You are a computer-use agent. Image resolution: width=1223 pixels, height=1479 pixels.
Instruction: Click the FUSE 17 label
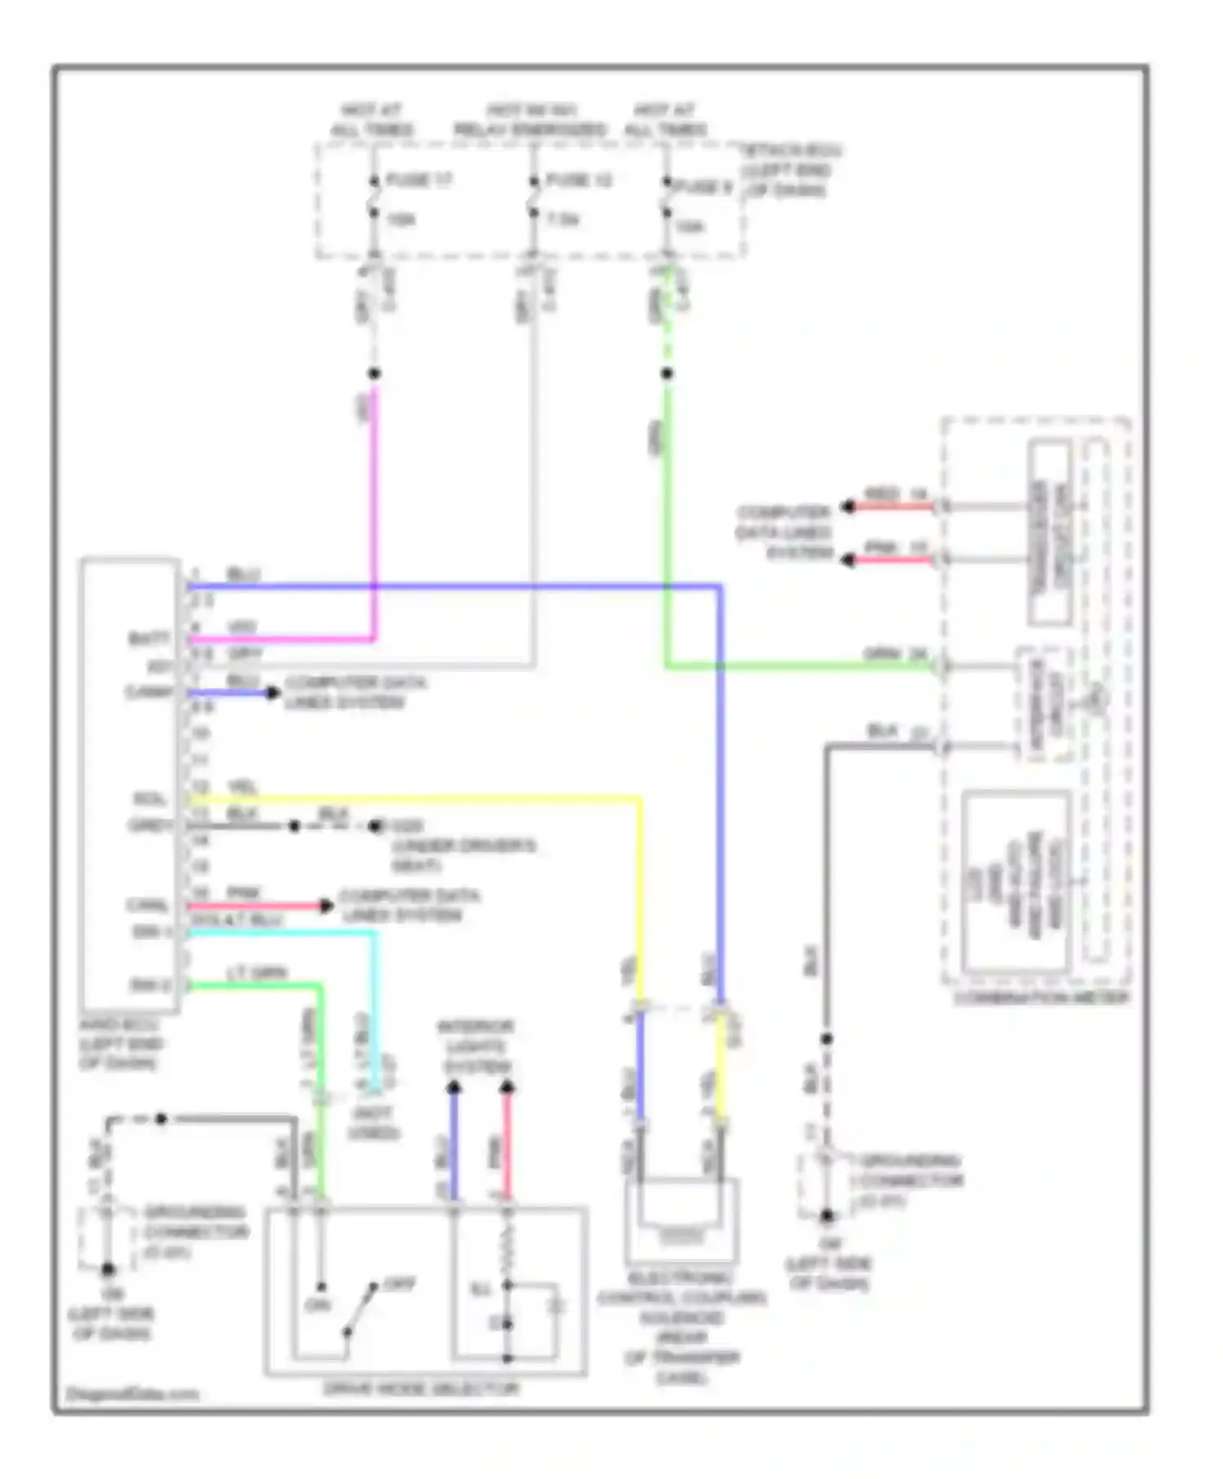418,180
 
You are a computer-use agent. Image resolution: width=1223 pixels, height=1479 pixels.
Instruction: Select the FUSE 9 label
703,187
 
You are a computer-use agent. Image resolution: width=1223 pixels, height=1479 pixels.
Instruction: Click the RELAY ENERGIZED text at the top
529,130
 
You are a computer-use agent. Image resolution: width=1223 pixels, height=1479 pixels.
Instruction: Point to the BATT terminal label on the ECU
150,638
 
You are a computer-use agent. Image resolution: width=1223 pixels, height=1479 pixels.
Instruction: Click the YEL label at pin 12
242,787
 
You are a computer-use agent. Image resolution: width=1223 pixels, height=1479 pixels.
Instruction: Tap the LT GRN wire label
257,973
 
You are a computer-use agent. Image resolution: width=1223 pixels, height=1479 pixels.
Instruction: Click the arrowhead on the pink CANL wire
326,906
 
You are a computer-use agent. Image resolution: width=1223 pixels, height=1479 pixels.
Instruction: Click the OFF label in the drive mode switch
400,1285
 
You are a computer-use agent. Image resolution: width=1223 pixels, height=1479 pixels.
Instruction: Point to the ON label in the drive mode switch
316,1305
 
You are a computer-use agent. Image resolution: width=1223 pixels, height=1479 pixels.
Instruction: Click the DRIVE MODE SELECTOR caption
421,1388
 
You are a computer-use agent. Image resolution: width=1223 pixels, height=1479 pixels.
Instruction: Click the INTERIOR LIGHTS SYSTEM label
476,1046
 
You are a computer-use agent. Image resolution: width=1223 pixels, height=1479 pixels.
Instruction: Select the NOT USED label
373,1123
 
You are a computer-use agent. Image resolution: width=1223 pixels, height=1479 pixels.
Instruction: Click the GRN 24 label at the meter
894,654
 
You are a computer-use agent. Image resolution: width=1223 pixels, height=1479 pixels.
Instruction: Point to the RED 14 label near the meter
894,494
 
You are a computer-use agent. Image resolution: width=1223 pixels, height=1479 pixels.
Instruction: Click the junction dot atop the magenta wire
374,373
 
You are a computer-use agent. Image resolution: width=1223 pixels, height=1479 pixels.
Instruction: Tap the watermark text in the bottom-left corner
132,1393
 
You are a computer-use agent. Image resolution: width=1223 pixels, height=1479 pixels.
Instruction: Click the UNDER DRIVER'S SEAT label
463,854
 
